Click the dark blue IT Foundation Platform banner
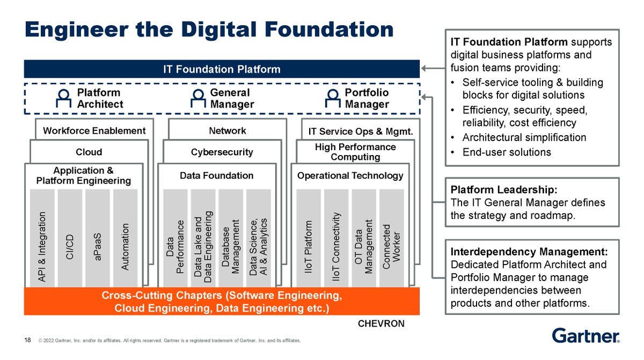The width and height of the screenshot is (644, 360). (x=222, y=69)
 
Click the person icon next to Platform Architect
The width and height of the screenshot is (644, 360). (x=64, y=98)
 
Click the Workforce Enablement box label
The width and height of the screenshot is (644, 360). (x=94, y=130)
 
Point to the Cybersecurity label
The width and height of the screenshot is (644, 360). (x=222, y=152)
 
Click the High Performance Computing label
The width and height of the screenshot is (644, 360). (x=355, y=151)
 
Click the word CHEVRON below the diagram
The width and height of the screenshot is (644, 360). (x=381, y=324)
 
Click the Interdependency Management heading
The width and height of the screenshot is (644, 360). (x=529, y=252)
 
